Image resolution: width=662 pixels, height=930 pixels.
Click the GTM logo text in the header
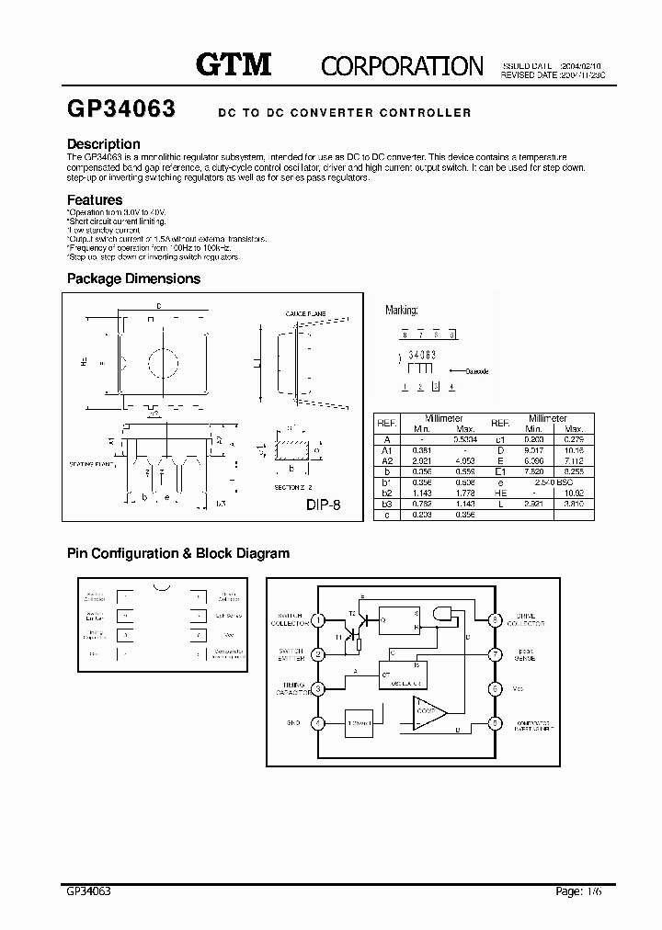pos(234,63)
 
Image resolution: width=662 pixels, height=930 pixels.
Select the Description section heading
pos(104,144)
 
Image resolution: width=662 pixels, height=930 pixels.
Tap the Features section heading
pos(95,199)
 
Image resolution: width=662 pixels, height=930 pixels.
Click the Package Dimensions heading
pos(133,278)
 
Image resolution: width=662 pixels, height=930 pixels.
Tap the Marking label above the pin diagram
pos(402,312)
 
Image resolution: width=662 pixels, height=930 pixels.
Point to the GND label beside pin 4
pos(293,722)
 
